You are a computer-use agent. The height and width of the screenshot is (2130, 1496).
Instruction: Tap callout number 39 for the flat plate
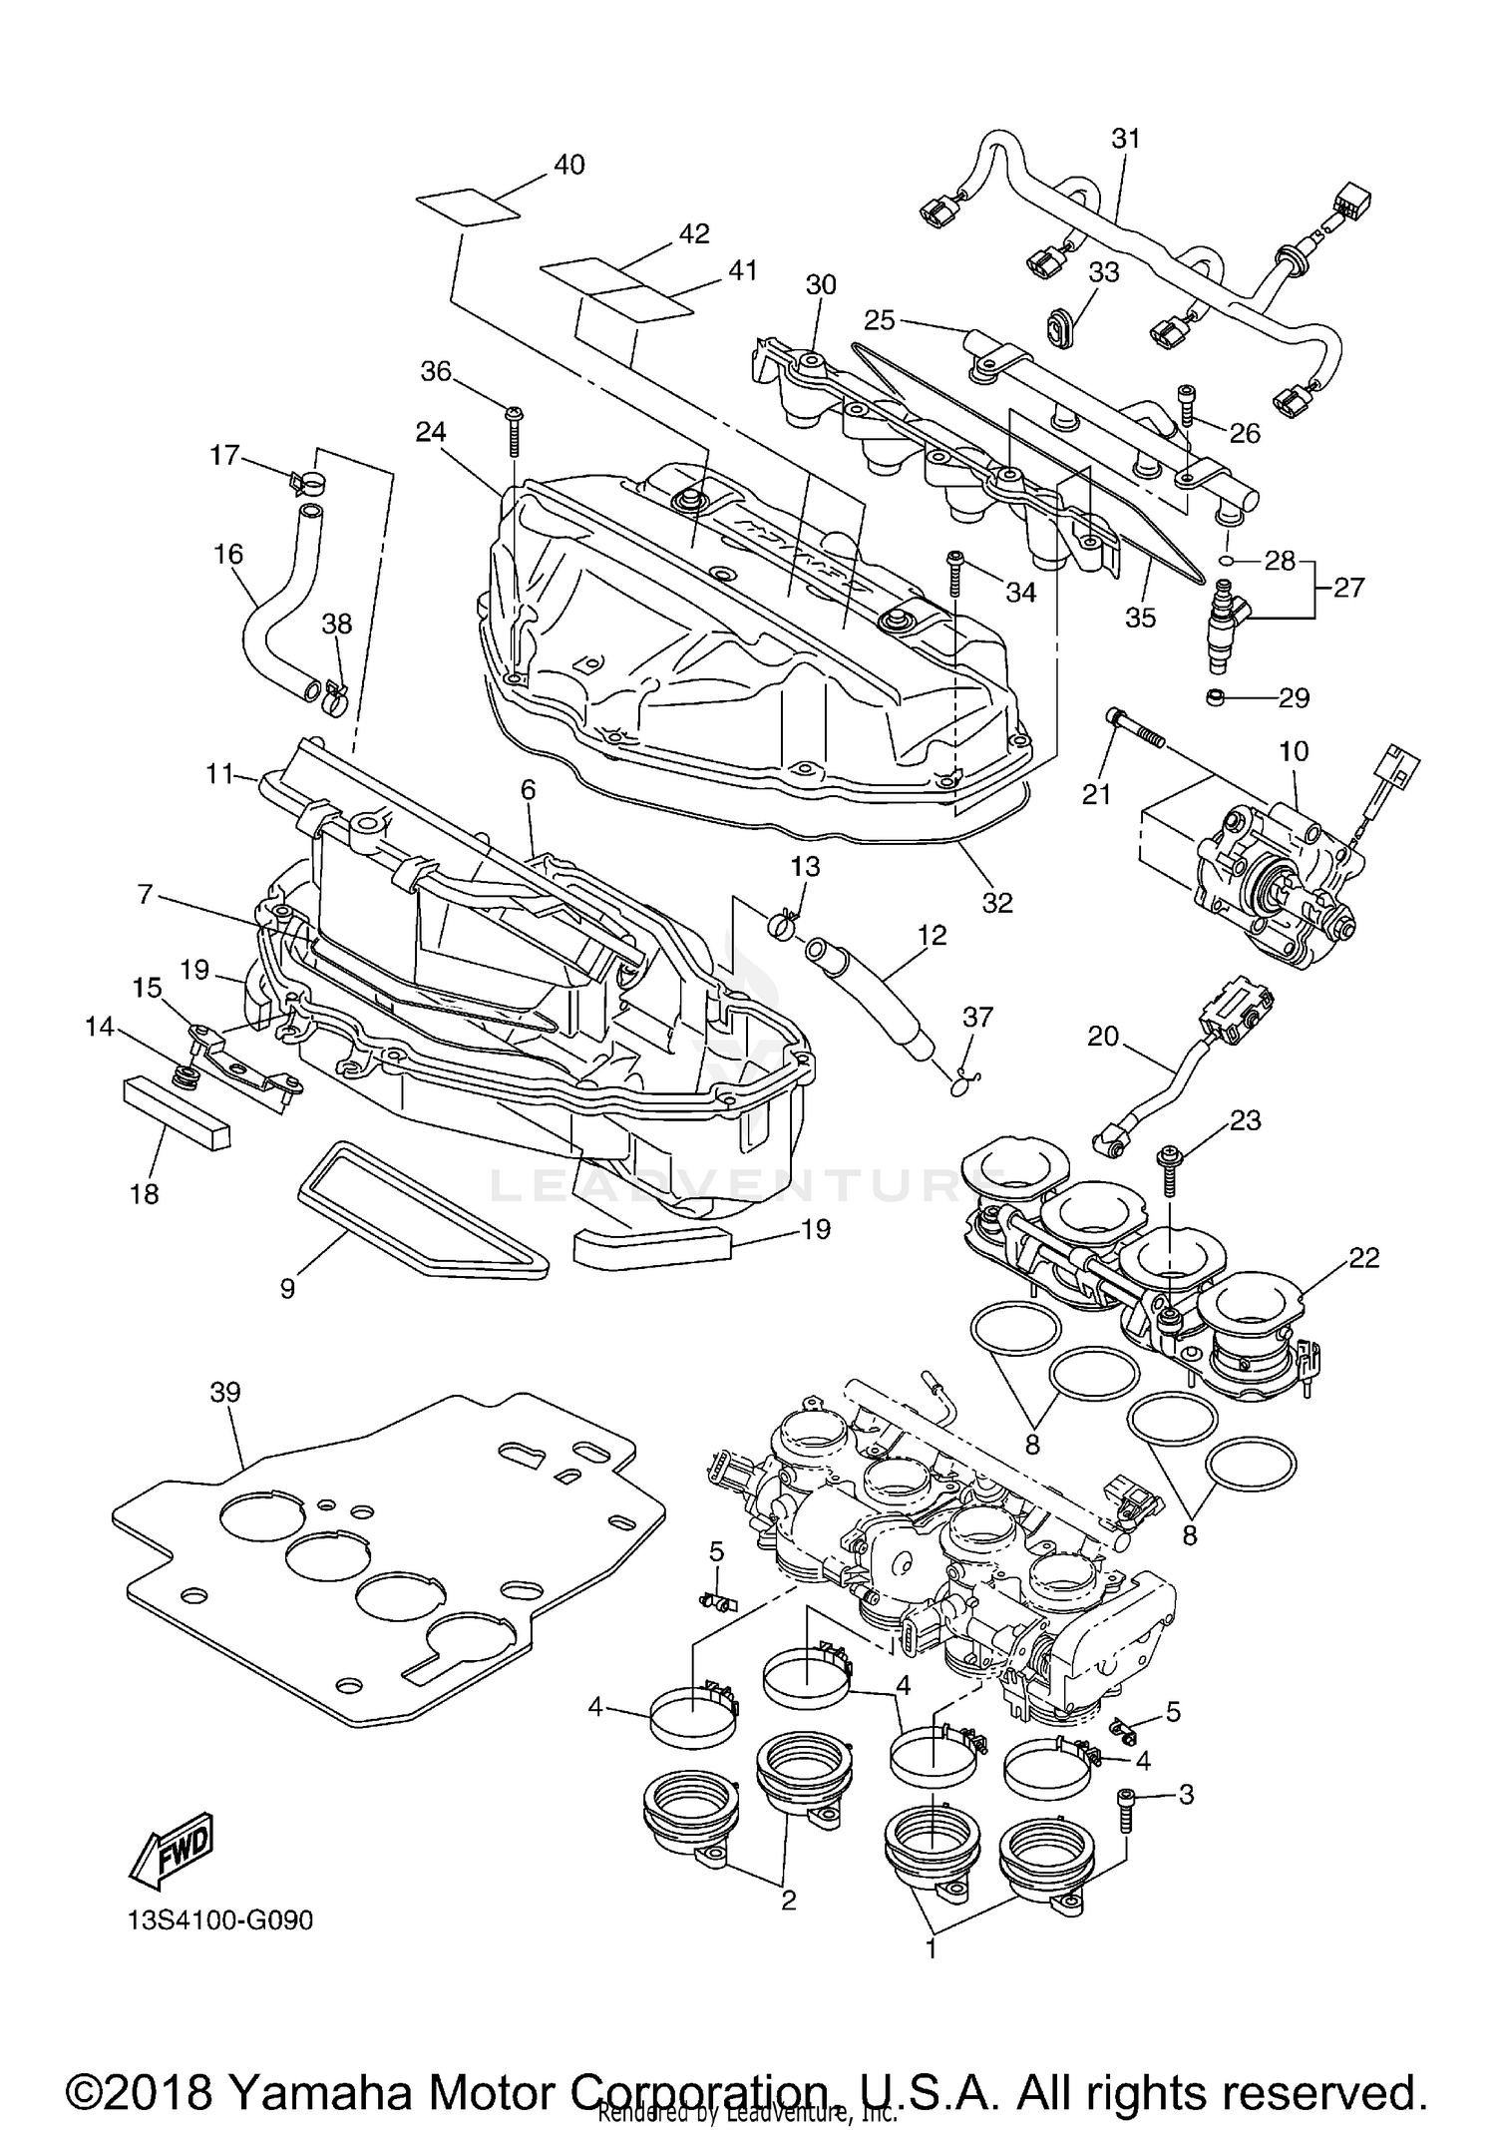pos(225,1392)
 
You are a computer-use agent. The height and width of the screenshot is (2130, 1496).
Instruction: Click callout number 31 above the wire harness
pos(1125,139)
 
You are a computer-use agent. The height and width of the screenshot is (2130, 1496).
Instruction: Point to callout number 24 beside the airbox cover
pos(431,432)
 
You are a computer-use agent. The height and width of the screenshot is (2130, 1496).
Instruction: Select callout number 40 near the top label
pos(568,165)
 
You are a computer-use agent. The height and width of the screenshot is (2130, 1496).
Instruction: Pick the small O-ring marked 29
pos(1216,695)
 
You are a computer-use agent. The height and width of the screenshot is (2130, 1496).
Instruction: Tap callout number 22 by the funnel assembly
pos(1363,1258)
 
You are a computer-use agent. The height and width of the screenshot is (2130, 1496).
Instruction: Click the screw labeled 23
pos(1168,1170)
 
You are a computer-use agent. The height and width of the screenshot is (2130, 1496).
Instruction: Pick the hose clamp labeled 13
pos(785,923)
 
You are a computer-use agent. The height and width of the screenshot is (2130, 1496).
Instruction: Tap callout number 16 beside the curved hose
pos(228,554)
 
